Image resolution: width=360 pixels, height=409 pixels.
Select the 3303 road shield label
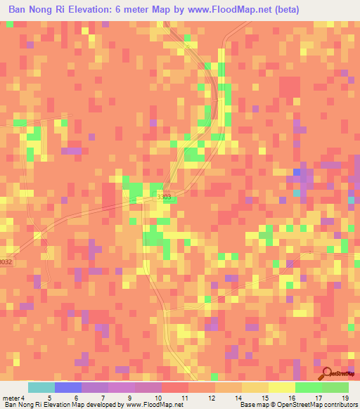pos(163,198)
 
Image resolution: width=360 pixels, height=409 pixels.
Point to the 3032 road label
pos(6,261)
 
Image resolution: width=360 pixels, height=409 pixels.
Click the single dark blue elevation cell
pos(297,172)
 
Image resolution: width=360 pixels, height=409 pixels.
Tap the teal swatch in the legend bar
pos(41,387)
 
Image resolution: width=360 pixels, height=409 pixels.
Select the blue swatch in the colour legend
pos(68,387)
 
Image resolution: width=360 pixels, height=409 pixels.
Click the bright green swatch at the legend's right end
pos(335,387)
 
